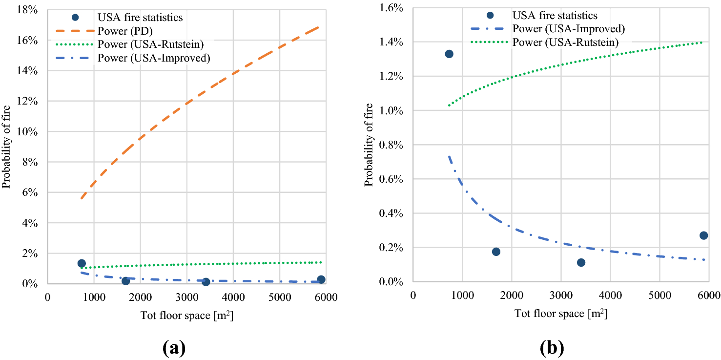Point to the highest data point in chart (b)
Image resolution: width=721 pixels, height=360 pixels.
(x=449, y=54)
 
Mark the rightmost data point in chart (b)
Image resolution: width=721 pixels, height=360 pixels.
(x=703, y=235)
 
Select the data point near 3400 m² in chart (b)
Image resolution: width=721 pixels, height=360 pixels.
(x=581, y=262)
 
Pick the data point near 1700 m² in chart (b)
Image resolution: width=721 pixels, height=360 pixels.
(x=496, y=252)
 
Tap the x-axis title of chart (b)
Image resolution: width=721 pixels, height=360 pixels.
(x=561, y=313)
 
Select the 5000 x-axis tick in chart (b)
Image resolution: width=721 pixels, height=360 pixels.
(x=659, y=295)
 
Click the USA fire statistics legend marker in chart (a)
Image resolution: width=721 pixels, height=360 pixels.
(x=75, y=17)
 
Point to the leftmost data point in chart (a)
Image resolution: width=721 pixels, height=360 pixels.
(x=82, y=263)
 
